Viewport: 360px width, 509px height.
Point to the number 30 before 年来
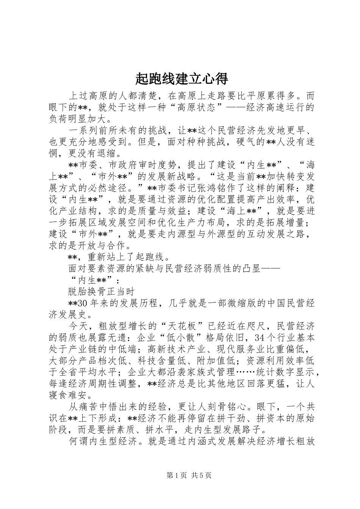click(83, 303)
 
